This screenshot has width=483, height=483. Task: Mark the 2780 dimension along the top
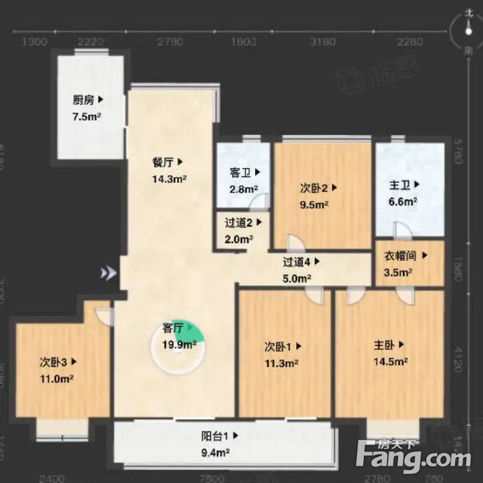(170, 42)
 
